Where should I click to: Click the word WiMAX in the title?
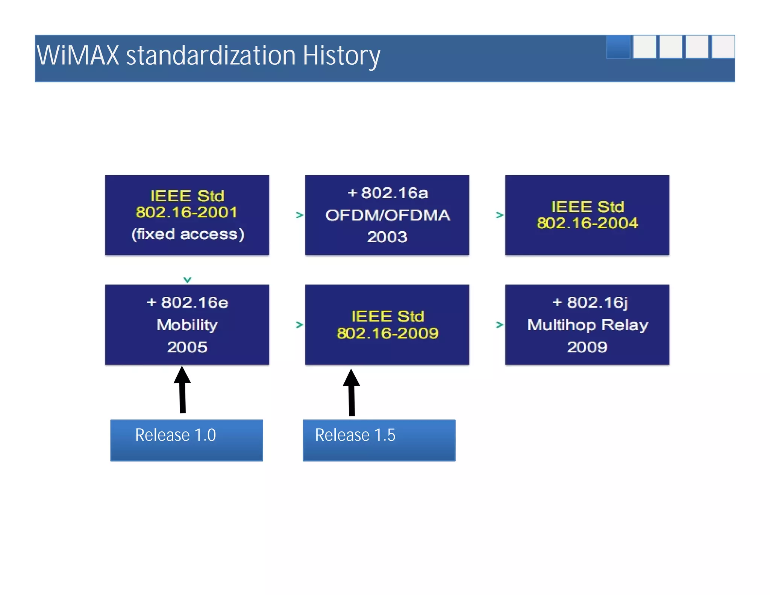click(x=77, y=56)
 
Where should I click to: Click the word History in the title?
click(x=341, y=56)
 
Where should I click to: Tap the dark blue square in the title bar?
click(x=618, y=47)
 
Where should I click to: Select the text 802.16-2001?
click(x=187, y=212)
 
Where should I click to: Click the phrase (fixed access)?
click(x=188, y=234)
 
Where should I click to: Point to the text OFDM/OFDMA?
click(x=387, y=215)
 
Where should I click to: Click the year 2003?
click(x=387, y=237)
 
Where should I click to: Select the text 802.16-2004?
click(x=587, y=223)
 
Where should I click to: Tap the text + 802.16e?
click(x=187, y=302)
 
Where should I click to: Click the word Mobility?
click(x=187, y=325)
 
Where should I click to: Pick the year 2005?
click(x=187, y=347)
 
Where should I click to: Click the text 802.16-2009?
click(x=387, y=333)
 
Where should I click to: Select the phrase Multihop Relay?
click(x=587, y=325)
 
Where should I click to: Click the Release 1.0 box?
click(x=186, y=440)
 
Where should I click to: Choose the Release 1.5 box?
click(x=379, y=440)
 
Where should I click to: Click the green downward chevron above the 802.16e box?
click(x=187, y=279)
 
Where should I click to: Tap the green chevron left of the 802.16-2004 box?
click(x=499, y=215)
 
